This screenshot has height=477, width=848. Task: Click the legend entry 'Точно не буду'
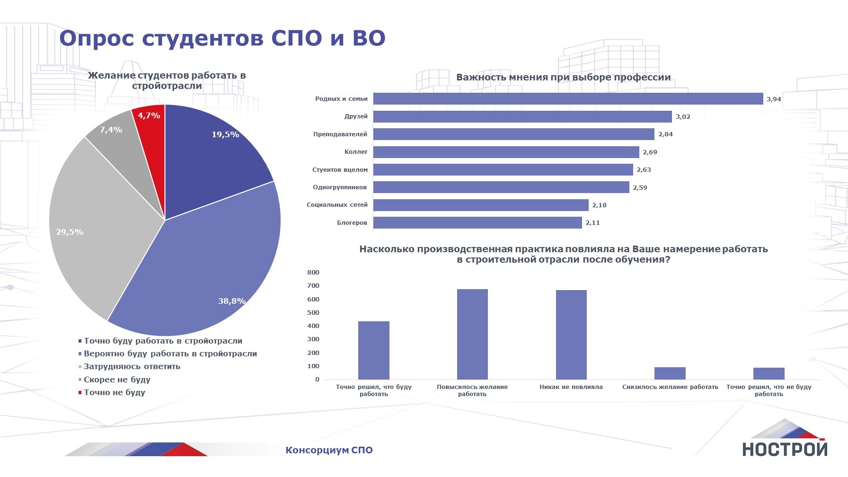(x=114, y=392)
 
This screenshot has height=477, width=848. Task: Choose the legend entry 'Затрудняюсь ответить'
(x=132, y=366)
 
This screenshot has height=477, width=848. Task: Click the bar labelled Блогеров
(x=477, y=222)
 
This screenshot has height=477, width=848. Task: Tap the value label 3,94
(x=774, y=99)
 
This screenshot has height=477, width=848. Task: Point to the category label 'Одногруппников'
(x=340, y=187)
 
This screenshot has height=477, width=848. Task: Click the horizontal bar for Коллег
(x=506, y=152)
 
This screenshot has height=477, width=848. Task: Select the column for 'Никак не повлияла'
(x=571, y=335)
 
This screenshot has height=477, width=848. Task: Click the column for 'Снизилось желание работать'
(x=670, y=373)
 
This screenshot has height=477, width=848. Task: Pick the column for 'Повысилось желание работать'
(x=472, y=334)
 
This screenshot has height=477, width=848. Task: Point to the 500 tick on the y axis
(x=313, y=313)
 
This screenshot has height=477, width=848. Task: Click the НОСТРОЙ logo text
(x=784, y=449)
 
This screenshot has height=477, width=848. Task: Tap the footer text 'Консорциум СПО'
(x=329, y=450)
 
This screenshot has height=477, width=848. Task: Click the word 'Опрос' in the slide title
(x=97, y=39)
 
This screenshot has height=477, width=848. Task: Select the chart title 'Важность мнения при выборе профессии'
(x=563, y=77)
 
